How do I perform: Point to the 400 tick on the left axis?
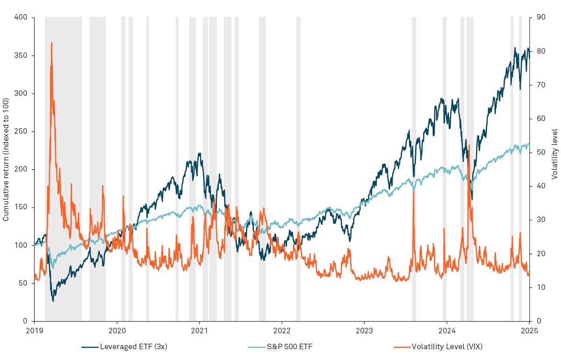(x=24, y=18)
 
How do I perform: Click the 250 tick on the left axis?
(x=24, y=131)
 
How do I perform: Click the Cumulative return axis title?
(x=6, y=159)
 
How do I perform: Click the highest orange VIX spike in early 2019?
(x=51, y=43)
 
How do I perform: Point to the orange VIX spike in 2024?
(x=469, y=146)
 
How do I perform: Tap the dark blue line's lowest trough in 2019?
(x=53, y=300)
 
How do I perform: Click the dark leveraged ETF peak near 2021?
(x=200, y=153)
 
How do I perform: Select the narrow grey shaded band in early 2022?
(x=298, y=169)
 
